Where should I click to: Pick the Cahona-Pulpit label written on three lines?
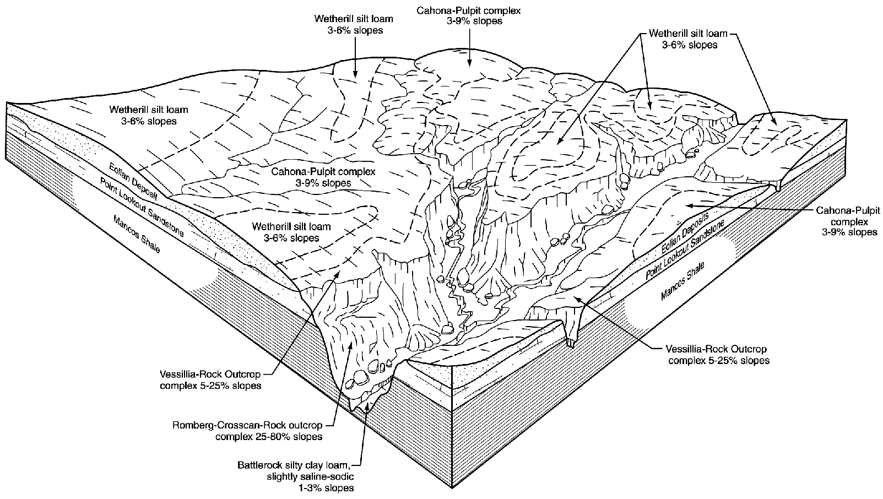848,221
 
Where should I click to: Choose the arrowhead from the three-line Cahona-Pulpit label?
686,205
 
